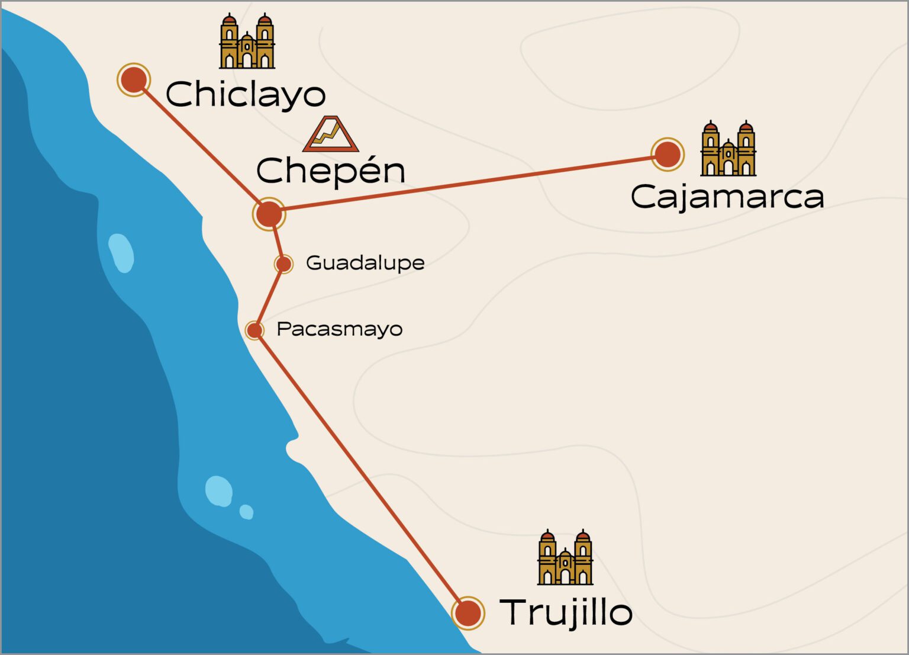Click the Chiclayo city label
(x=246, y=95)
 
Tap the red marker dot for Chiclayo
(x=134, y=79)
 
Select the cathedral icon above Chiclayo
(x=247, y=41)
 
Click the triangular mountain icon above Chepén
(x=331, y=134)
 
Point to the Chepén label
(x=331, y=171)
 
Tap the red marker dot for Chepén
(x=269, y=214)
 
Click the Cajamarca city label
(x=727, y=197)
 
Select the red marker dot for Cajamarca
(x=668, y=154)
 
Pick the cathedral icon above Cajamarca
(x=728, y=149)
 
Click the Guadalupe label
(x=365, y=263)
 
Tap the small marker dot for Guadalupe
(x=283, y=264)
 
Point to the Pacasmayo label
(x=340, y=329)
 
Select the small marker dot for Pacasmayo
(x=254, y=330)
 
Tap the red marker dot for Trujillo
(x=468, y=613)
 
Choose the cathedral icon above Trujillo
(x=565, y=558)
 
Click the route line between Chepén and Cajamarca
(x=468, y=184)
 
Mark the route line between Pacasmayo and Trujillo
(x=361, y=471)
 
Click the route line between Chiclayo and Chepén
(x=201, y=146)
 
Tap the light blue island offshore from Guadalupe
(x=121, y=253)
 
